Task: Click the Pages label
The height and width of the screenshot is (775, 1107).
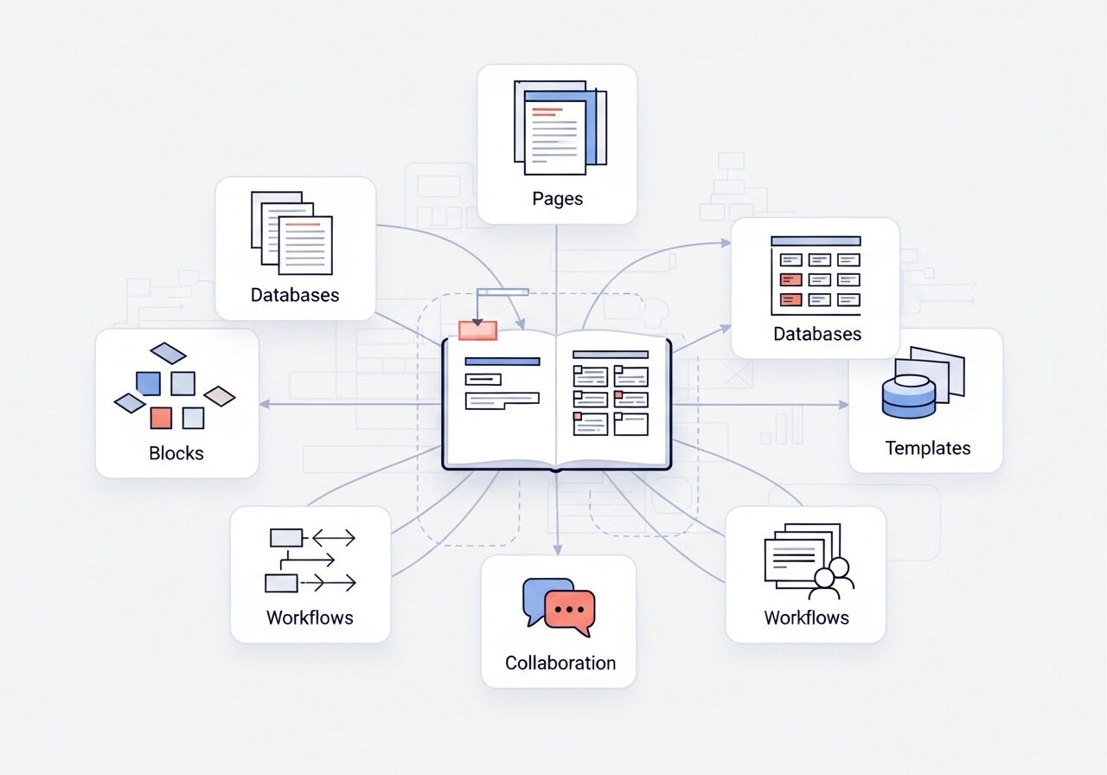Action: pyautogui.click(x=557, y=199)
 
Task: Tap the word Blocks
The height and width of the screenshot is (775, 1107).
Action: pyautogui.click(x=176, y=453)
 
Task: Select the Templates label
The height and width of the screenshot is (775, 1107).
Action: pyautogui.click(x=927, y=448)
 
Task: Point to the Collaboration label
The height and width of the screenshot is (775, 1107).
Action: pyautogui.click(x=560, y=663)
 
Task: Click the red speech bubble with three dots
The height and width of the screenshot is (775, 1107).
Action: pyautogui.click(x=570, y=611)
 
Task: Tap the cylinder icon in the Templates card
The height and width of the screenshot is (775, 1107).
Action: pyautogui.click(x=909, y=395)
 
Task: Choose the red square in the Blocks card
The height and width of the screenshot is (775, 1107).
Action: pyautogui.click(x=161, y=418)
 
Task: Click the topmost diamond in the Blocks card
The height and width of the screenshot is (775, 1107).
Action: pyautogui.click(x=168, y=353)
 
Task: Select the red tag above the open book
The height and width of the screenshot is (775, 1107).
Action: pyautogui.click(x=477, y=330)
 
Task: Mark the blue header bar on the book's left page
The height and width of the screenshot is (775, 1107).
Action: pyautogui.click(x=502, y=362)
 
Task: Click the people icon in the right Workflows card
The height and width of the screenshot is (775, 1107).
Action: pyautogui.click(x=830, y=580)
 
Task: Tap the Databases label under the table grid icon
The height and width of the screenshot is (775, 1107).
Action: pyautogui.click(x=817, y=334)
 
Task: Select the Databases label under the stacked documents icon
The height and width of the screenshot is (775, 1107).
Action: pyautogui.click(x=295, y=295)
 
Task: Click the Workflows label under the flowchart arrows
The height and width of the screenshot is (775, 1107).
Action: pyautogui.click(x=310, y=618)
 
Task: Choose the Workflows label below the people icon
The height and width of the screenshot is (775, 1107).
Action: pyautogui.click(x=806, y=618)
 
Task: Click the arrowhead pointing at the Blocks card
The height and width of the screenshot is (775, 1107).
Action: pyautogui.click(x=264, y=404)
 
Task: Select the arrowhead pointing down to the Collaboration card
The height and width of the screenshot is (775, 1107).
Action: pyautogui.click(x=558, y=549)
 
